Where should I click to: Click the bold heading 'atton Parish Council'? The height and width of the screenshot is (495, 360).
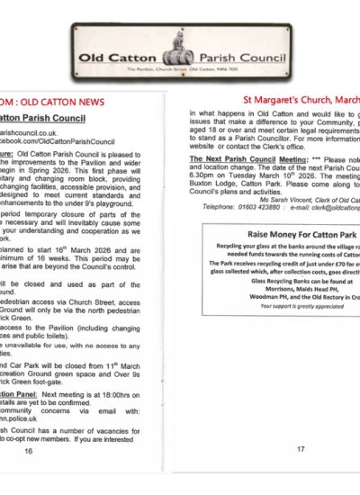[44, 116]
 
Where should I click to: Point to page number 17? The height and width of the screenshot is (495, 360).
[301, 447]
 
